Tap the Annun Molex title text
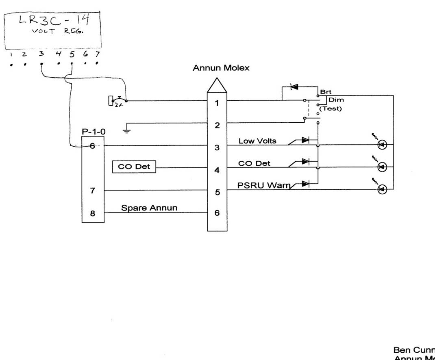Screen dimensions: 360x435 coord(221,68)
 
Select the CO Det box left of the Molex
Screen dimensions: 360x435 coord(134,167)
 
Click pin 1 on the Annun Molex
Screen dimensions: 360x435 coord(217,103)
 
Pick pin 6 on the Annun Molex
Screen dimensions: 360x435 coord(217,213)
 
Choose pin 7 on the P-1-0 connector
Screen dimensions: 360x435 coord(93,190)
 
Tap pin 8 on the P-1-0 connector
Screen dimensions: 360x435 coord(93,213)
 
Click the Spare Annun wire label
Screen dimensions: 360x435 coord(149,208)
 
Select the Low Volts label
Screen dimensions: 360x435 coord(257,141)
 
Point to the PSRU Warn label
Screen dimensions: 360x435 coord(263,185)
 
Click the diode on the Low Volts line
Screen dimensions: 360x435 coord(305,140)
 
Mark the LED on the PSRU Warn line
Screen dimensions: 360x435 coord(382,189)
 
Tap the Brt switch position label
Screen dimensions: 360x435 coord(326,92)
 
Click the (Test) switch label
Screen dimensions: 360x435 coord(330,108)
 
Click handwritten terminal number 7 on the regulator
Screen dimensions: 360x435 coord(97,54)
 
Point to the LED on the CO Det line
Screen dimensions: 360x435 coord(382,167)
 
